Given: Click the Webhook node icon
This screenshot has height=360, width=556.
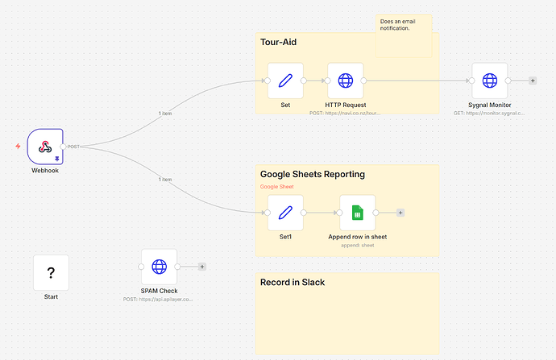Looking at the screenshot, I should tap(45, 146).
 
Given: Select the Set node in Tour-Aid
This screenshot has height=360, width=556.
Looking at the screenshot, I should tap(285, 81).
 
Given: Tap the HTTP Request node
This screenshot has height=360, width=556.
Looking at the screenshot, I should tap(345, 81).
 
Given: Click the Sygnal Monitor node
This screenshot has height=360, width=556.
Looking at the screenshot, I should tap(489, 81).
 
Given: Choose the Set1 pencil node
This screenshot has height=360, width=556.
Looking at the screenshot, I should tap(285, 213).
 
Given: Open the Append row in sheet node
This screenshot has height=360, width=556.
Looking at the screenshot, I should tap(357, 213).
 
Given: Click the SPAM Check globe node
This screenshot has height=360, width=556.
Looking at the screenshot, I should tap(159, 266).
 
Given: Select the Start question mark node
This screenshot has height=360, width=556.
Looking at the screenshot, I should tap(51, 273).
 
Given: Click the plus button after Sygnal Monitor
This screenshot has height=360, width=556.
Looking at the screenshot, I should tap(533, 81).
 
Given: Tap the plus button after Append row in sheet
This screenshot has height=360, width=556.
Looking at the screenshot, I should tap(400, 213).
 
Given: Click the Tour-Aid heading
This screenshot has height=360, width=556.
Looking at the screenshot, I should tap(279, 42).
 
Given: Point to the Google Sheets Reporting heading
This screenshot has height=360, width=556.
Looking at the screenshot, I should tap(312, 174).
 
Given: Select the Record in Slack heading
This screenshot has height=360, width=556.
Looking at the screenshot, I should tap(293, 282).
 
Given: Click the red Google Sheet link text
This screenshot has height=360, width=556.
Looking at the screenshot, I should tap(276, 187).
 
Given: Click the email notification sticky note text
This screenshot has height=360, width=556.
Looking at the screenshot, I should tap(395, 25).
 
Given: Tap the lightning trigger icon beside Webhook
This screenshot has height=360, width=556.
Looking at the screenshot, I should tap(19, 147).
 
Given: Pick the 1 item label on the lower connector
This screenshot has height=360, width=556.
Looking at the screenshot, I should tap(165, 179).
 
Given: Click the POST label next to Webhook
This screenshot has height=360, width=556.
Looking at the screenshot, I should tap(73, 147).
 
